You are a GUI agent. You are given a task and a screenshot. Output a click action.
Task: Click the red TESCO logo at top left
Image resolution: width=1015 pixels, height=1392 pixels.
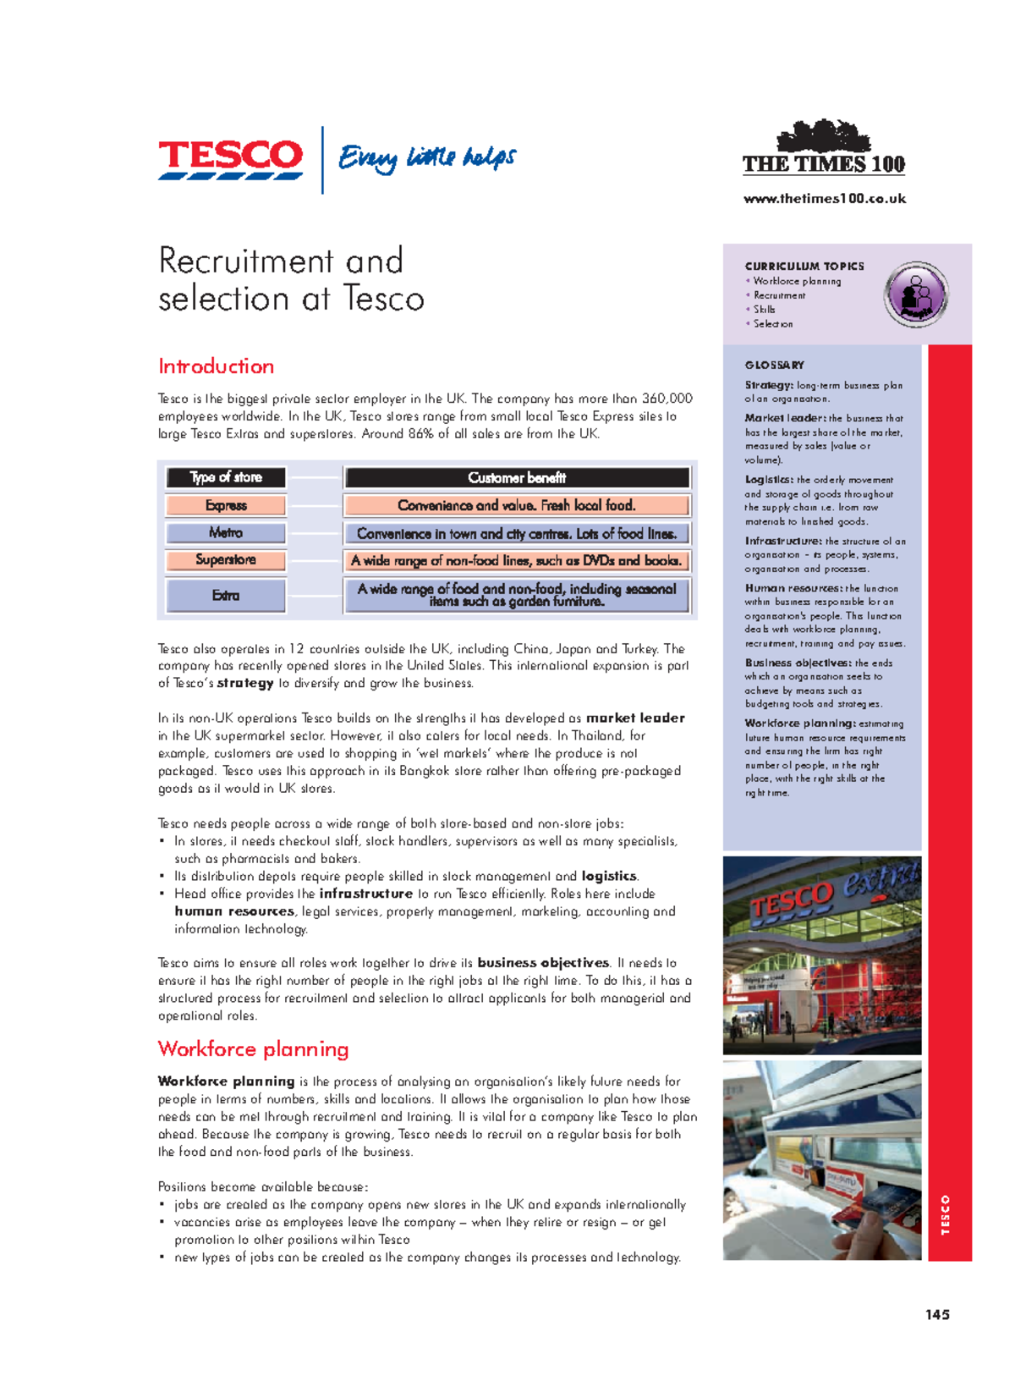click(x=230, y=158)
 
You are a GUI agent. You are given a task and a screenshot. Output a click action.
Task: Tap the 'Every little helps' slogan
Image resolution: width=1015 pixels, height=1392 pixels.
click(x=427, y=158)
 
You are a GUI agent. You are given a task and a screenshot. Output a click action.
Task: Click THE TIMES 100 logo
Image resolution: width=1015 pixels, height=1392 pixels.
click(x=823, y=151)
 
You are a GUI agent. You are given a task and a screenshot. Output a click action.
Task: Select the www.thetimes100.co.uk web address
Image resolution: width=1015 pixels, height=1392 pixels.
click(x=824, y=199)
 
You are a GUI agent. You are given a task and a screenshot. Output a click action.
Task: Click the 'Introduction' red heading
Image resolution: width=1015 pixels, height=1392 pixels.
click(x=216, y=366)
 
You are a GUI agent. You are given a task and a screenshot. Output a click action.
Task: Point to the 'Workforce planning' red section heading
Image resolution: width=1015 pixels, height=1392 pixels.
click(x=253, y=1049)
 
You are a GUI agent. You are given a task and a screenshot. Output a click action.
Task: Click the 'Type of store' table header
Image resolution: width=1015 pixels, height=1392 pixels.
click(x=226, y=477)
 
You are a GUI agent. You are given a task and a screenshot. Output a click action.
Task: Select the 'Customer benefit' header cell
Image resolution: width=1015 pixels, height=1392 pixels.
click(x=517, y=478)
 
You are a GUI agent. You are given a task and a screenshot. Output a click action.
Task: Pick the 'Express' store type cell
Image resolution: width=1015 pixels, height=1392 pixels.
click(x=226, y=505)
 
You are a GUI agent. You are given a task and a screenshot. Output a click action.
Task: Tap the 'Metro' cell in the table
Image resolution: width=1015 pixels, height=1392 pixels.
click(x=226, y=533)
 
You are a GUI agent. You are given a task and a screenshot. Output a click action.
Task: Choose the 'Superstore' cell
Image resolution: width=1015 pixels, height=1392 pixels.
click(x=226, y=560)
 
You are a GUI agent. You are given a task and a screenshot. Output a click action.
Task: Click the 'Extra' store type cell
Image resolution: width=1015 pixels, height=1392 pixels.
click(x=226, y=596)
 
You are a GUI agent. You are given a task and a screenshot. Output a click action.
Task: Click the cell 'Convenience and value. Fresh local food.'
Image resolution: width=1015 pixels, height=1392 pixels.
click(x=517, y=505)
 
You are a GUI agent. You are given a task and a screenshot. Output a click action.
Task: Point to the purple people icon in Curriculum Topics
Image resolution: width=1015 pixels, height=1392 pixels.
click(x=916, y=294)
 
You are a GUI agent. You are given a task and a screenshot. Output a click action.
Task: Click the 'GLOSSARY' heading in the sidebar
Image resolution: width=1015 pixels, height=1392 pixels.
click(x=774, y=366)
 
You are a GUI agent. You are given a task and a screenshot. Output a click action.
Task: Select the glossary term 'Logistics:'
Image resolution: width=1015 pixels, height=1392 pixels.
click(x=769, y=480)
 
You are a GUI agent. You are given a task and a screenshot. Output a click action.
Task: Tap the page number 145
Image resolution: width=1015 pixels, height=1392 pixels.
click(x=937, y=1315)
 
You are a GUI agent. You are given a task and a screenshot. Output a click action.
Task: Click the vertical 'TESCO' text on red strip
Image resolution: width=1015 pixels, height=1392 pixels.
click(x=946, y=1215)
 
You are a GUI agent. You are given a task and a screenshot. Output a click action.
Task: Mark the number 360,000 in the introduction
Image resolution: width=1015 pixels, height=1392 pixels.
click(x=667, y=399)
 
